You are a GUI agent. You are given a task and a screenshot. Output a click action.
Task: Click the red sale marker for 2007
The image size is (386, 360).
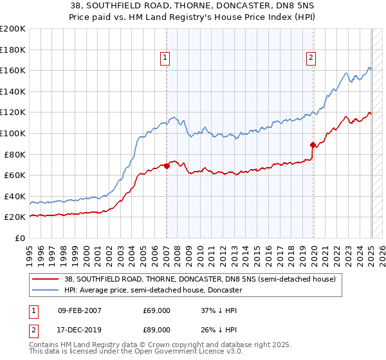point(167,166)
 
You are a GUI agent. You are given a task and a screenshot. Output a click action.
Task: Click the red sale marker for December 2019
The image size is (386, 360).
point(313,145)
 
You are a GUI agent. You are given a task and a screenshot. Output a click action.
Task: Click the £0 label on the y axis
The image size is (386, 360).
point(20,238)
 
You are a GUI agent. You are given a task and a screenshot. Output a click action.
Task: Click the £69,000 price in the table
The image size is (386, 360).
point(156,310)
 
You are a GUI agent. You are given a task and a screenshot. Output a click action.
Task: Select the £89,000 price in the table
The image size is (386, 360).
point(156,328)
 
